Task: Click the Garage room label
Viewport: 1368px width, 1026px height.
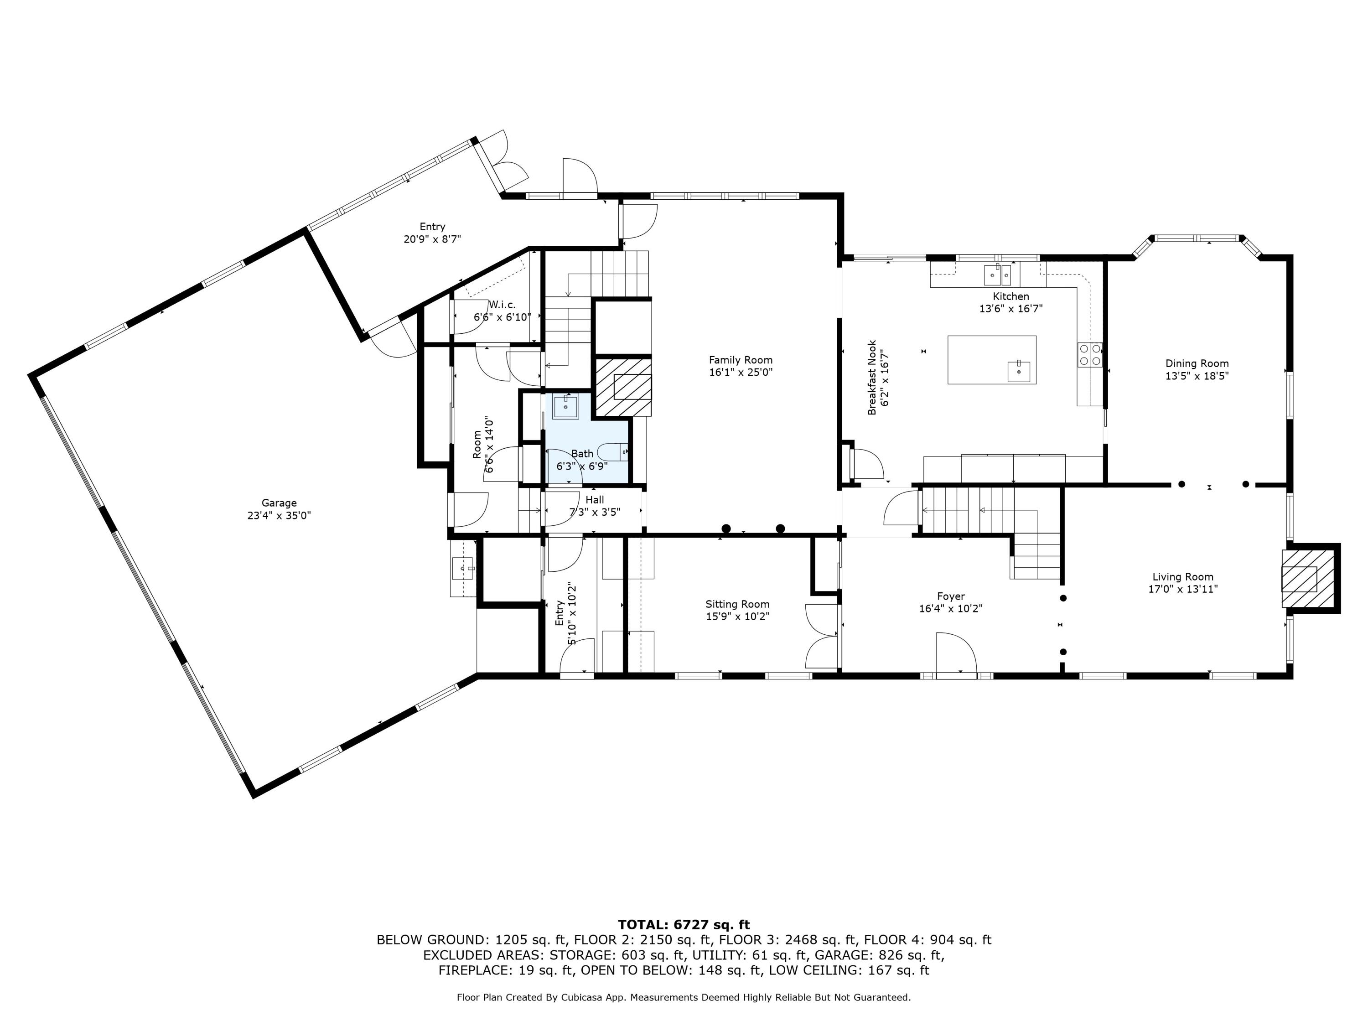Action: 279,503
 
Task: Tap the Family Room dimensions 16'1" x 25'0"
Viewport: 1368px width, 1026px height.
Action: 740,372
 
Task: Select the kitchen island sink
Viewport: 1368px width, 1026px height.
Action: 1019,372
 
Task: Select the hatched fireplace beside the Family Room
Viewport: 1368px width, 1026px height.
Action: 623,387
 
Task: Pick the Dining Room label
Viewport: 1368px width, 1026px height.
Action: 1197,363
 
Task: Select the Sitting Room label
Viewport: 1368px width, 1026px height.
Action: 737,604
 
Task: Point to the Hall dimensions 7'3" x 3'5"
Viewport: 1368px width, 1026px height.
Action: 594,512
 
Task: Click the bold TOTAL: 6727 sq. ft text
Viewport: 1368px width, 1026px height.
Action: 684,925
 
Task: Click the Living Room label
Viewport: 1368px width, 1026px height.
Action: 1182,576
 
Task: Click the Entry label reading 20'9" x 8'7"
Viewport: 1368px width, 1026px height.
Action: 432,239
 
